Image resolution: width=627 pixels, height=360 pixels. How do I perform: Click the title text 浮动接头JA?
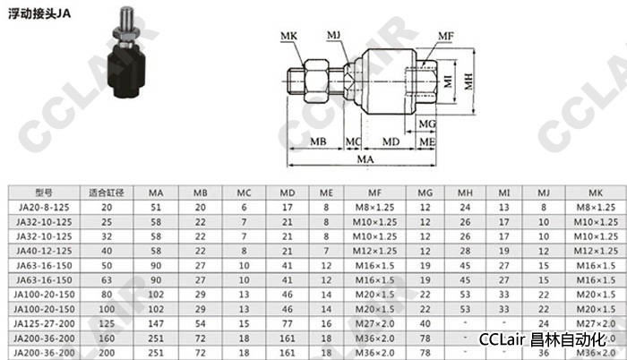coord(39,13)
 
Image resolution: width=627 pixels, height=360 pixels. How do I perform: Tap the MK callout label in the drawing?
coord(288,36)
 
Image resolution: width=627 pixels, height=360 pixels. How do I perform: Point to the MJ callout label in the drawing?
coord(333,36)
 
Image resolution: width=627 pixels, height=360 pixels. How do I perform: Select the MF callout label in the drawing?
coord(446,36)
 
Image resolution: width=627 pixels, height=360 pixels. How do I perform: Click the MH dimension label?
coord(468,81)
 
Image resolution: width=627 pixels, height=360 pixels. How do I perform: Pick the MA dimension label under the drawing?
coord(365,159)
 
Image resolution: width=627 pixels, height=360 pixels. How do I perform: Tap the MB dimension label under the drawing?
coord(318,141)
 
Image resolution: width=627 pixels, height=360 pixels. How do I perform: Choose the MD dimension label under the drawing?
coord(391,141)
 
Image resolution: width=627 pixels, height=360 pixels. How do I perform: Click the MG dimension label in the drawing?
coord(427,124)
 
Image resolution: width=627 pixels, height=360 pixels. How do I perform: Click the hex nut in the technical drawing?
coord(316,81)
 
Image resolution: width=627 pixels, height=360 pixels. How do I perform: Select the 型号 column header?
coord(44,193)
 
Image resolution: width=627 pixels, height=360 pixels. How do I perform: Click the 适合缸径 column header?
coord(107,193)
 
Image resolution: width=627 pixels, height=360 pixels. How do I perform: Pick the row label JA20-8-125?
coord(44,207)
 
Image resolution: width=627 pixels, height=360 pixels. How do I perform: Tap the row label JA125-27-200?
coord(44,323)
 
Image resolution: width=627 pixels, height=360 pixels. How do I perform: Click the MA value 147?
coord(156,323)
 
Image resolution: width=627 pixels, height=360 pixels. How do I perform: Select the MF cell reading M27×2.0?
coord(374,323)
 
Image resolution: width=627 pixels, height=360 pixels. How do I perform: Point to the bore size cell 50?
coord(107,266)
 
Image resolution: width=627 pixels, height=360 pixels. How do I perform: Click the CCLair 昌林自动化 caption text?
coord(542,340)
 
